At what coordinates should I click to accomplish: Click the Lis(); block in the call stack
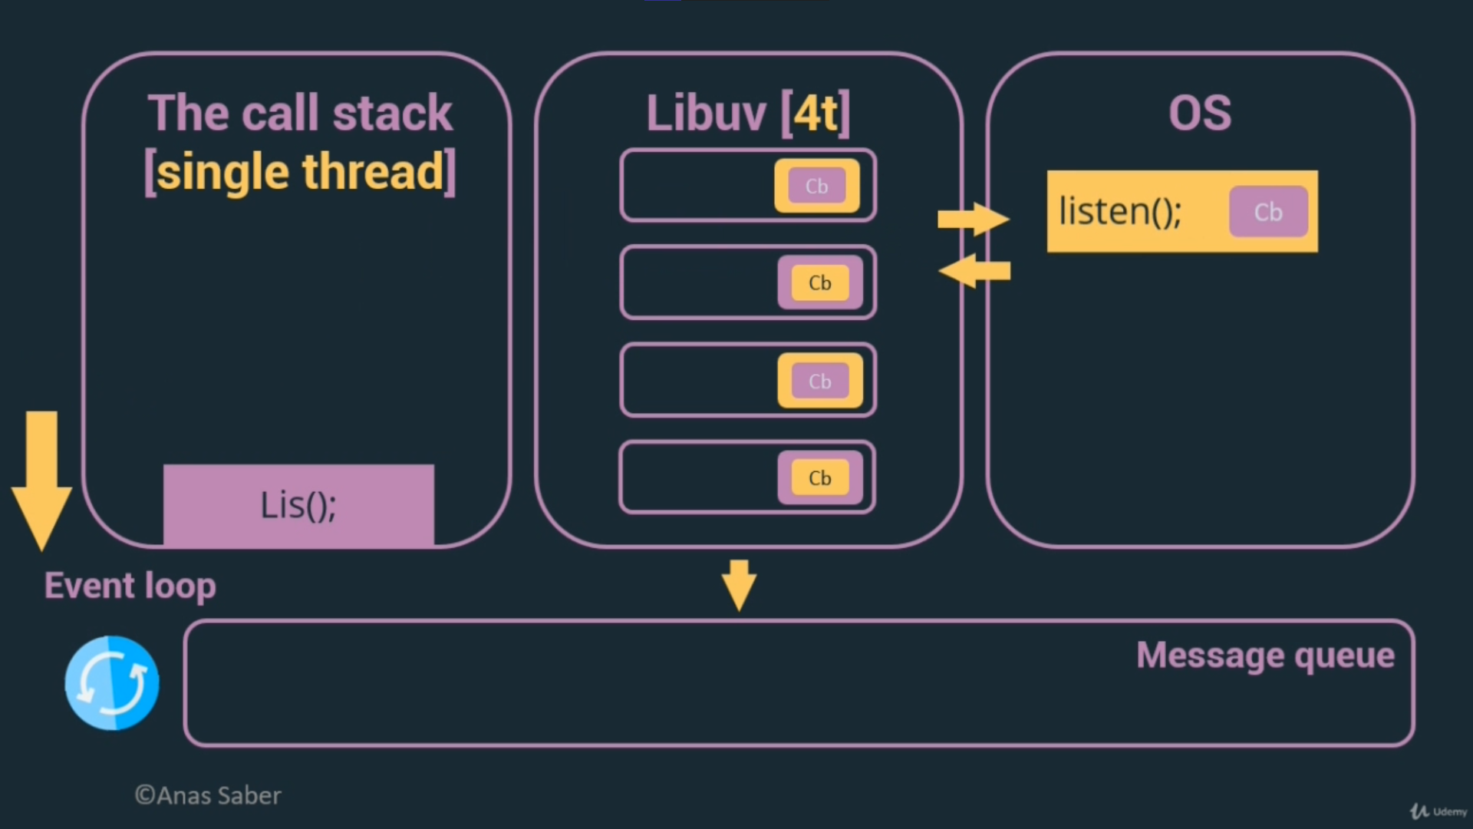[298, 505]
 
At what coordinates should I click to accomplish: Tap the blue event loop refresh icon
[112, 683]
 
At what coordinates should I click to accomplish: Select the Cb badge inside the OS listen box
[1267, 212]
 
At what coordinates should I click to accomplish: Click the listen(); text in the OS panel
[1120, 212]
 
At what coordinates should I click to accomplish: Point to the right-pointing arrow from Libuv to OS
[973, 220]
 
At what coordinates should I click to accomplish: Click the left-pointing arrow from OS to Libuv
[974, 271]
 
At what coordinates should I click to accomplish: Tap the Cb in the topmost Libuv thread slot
[816, 186]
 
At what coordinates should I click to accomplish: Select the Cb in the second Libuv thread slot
[819, 283]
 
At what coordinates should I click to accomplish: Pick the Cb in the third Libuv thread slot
[819, 381]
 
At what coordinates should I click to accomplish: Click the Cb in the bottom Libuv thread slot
[819, 478]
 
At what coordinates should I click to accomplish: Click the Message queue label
[1265, 656]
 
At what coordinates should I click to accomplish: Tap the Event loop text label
[130, 586]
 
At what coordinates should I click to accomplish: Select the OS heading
[1200, 113]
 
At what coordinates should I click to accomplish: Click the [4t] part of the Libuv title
[816, 114]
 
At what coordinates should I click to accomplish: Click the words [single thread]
[300, 171]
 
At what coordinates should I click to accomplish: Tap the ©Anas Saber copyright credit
[208, 795]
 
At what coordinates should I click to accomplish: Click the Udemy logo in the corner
[1438, 811]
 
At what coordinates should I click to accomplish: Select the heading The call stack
[300, 113]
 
